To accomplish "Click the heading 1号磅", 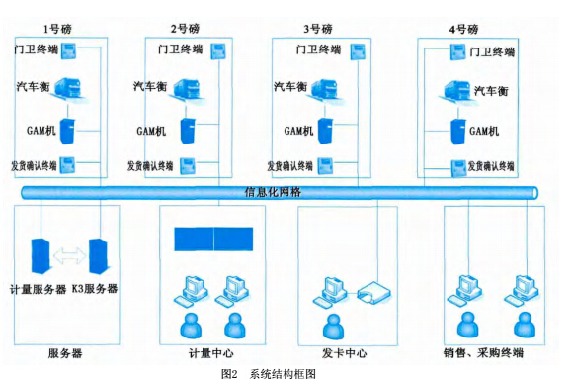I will tap(56, 30).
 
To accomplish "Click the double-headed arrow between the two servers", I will tap(69, 255).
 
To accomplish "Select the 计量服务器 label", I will tap(37, 288).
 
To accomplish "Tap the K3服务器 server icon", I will tap(99, 257).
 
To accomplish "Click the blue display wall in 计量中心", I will tap(213, 240).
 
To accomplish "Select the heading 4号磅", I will tap(464, 30).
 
